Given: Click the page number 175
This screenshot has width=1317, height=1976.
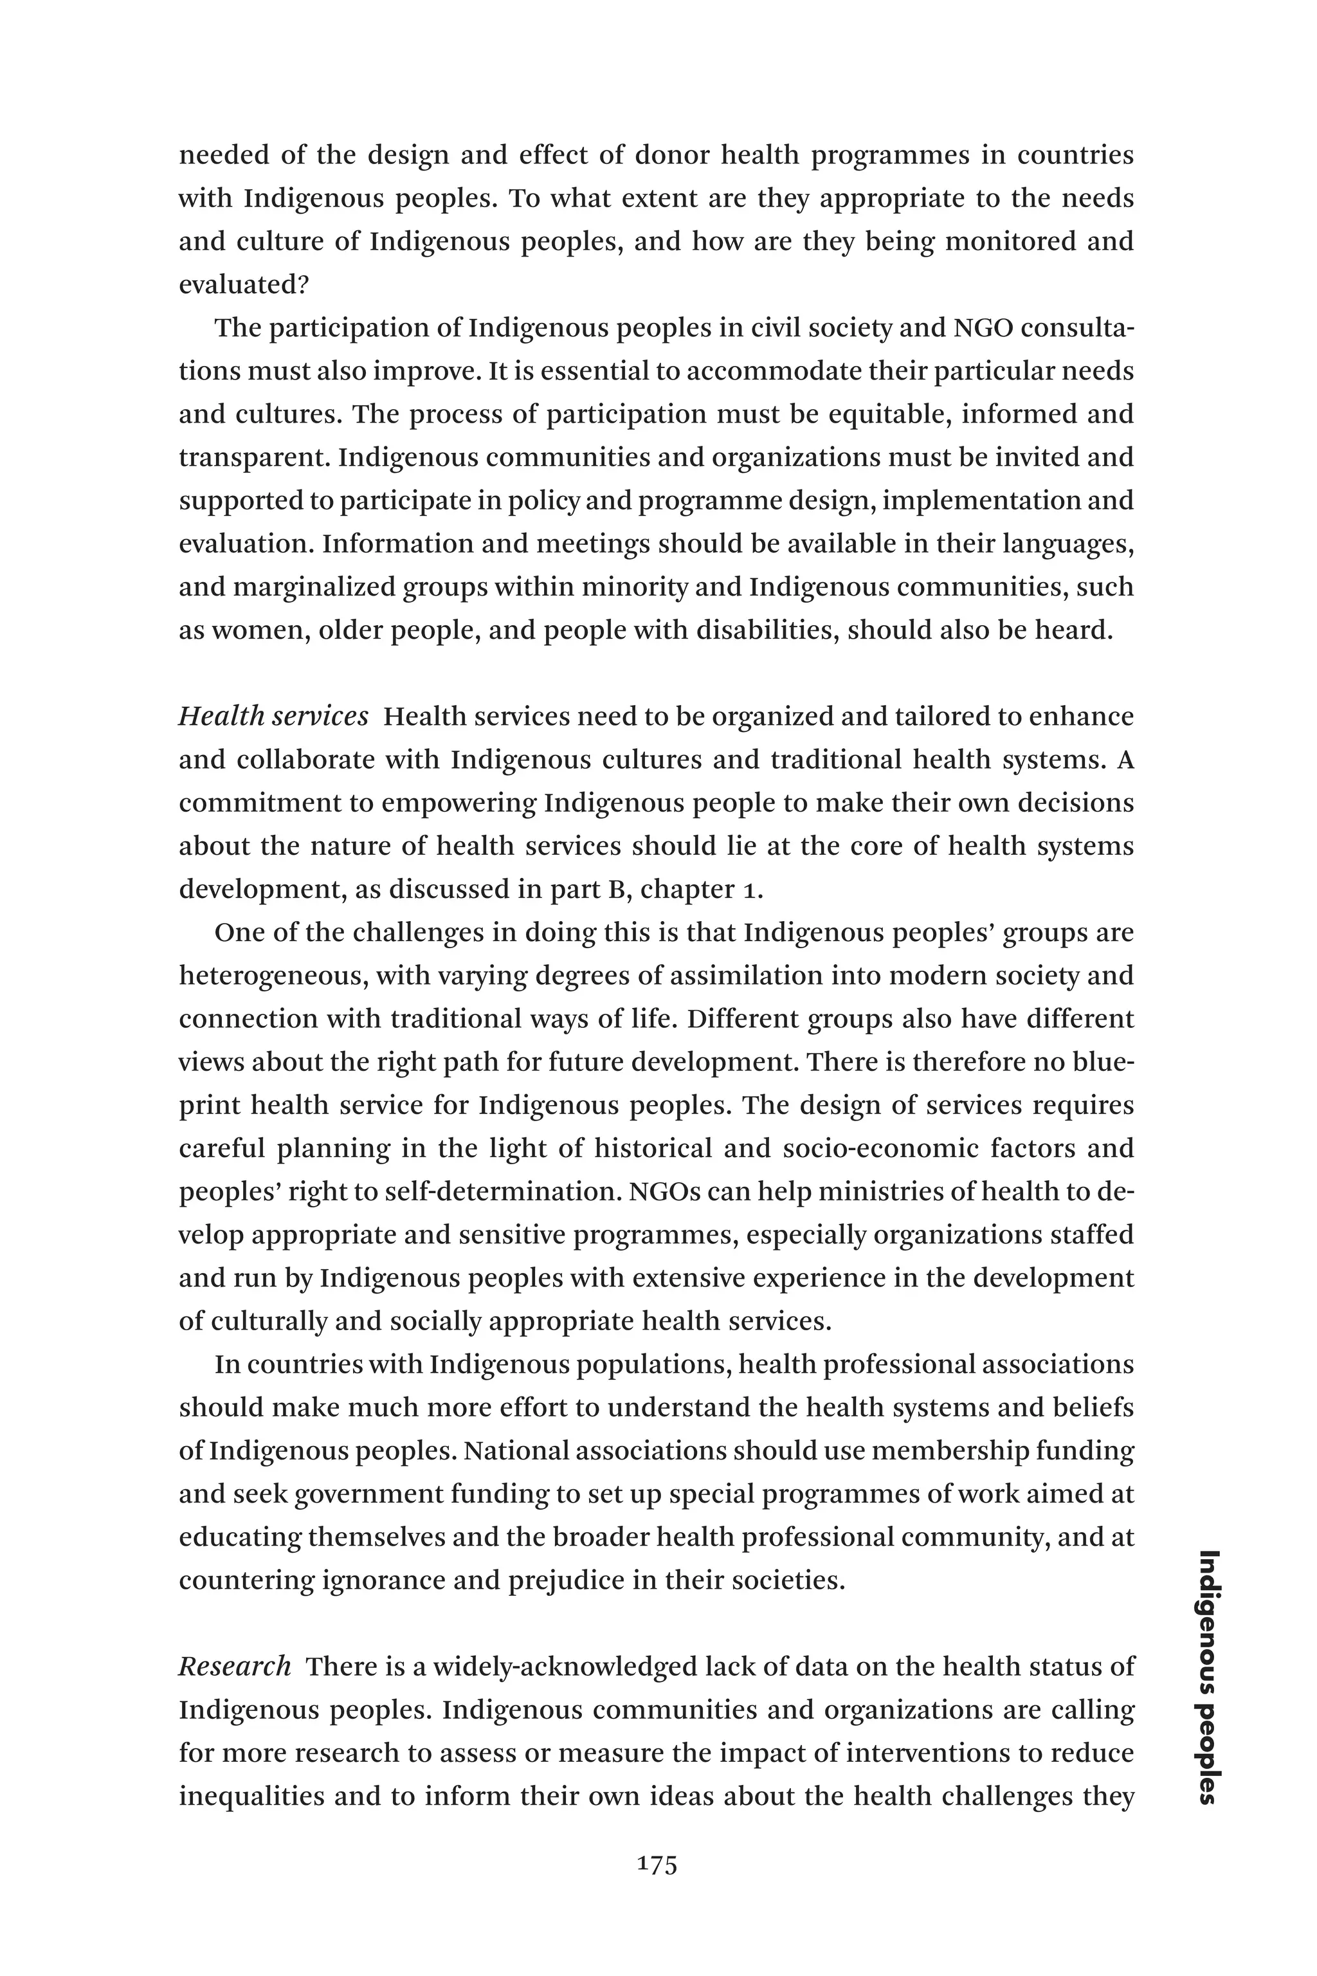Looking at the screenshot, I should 658,1865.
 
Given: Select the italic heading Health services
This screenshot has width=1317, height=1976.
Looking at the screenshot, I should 273,717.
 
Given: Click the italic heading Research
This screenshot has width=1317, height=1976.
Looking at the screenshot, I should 234,1666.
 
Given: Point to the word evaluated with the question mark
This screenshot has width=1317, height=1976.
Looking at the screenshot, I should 244,285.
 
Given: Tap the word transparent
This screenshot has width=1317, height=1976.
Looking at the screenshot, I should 253,458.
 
